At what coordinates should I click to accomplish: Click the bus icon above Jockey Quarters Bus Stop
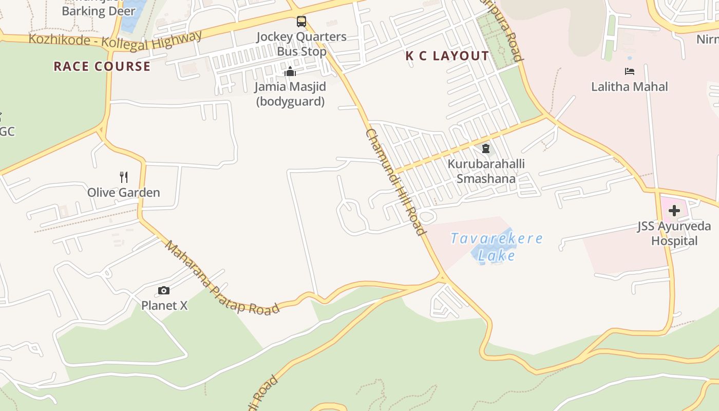pyautogui.click(x=301, y=22)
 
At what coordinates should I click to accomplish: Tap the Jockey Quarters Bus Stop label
pyautogui.click(x=301, y=44)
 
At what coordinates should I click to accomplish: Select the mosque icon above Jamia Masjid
pyautogui.click(x=290, y=71)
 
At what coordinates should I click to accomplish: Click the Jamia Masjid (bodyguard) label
pyautogui.click(x=290, y=94)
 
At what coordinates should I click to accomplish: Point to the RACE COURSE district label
pyautogui.click(x=102, y=66)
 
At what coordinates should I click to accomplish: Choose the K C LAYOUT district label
pyautogui.click(x=447, y=56)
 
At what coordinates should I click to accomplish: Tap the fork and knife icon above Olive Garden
pyautogui.click(x=124, y=177)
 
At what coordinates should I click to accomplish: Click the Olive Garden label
pyautogui.click(x=124, y=193)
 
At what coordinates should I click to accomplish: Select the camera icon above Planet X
pyautogui.click(x=164, y=291)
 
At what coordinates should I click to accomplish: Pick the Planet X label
pyautogui.click(x=164, y=306)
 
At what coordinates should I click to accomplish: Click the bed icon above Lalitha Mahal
pyautogui.click(x=630, y=71)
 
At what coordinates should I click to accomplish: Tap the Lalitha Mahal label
pyautogui.click(x=630, y=86)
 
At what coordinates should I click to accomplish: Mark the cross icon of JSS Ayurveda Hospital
pyautogui.click(x=674, y=211)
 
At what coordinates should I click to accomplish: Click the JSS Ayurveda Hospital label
pyautogui.click(x=674, y=234)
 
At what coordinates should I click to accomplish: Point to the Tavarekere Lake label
pyautogui.click(x=497, y=247)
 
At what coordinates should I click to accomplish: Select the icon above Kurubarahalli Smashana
pyautogui.click(x=485, y=149)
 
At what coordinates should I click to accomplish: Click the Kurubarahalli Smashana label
pyautogui.click(x=486, y=171)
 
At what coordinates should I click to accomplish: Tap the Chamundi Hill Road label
pyautogui.click(x=396, y=182)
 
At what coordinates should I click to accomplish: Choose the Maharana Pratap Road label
pyautogui.click(x=222, y=278)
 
